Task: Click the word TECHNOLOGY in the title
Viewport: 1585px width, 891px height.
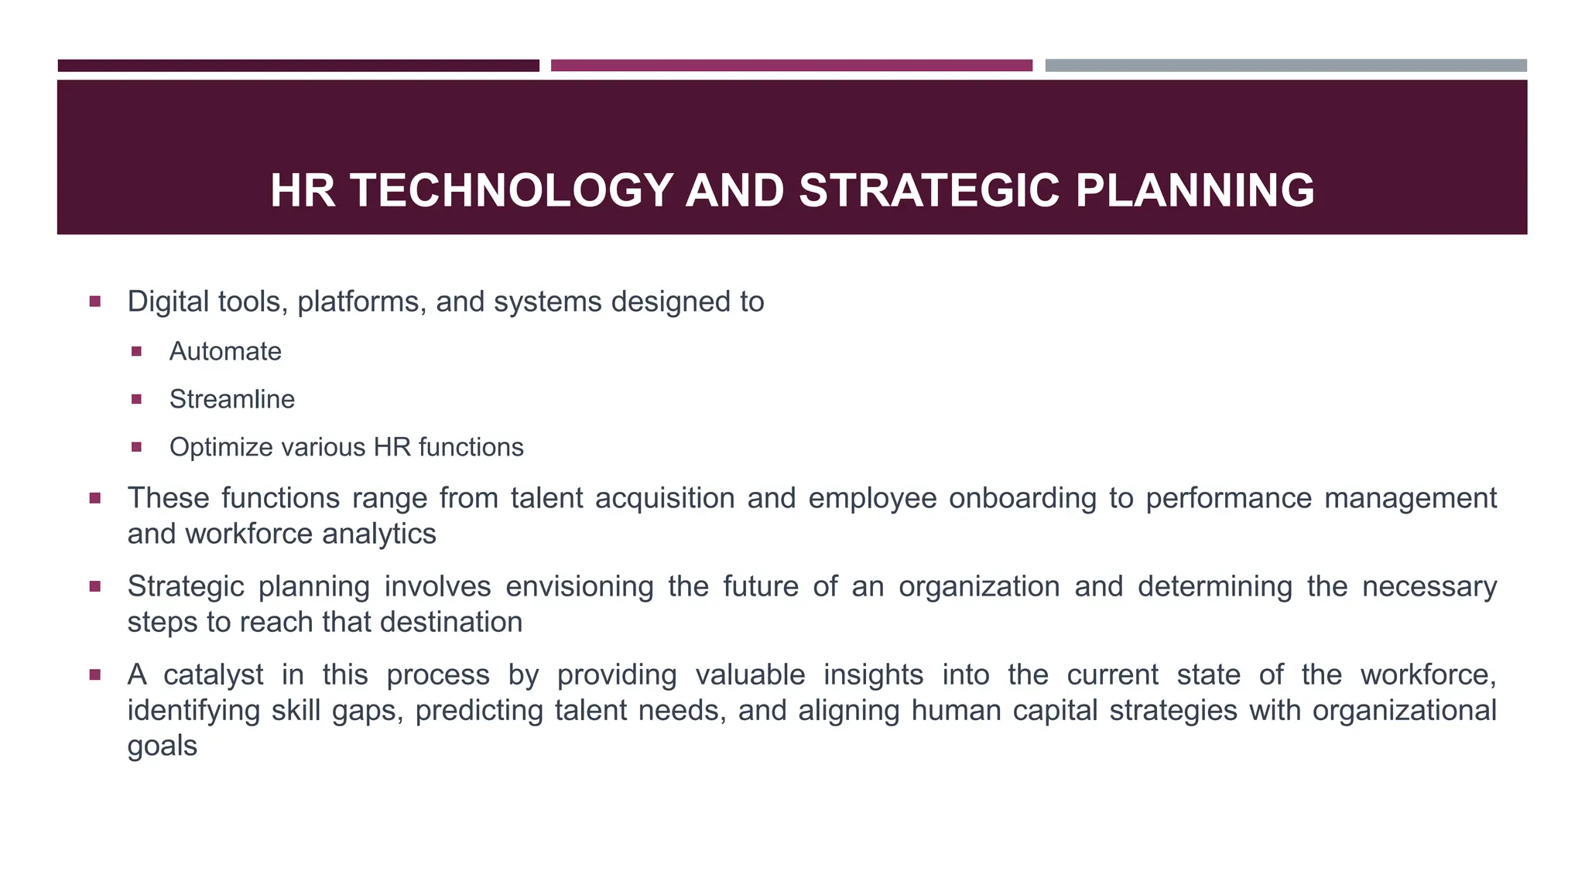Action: [511, 190]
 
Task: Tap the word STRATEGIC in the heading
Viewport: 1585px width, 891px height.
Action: [928, 190]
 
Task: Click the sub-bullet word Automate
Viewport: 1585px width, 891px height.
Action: [225, 352]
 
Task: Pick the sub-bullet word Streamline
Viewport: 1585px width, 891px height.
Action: [232, 400]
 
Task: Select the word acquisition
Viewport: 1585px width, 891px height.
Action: [665, 498]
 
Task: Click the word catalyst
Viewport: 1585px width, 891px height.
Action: [214, 674]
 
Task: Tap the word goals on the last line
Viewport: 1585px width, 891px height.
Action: [163, 746]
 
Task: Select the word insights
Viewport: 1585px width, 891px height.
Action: [873, 674]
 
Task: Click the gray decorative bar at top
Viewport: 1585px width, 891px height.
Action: [1285, 66]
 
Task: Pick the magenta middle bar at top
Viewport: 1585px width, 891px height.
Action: [791, 66]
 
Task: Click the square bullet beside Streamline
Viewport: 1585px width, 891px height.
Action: [137, 400]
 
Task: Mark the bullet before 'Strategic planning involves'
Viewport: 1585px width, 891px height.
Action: [95, 586]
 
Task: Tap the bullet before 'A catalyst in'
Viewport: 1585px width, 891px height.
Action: [95, 675]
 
